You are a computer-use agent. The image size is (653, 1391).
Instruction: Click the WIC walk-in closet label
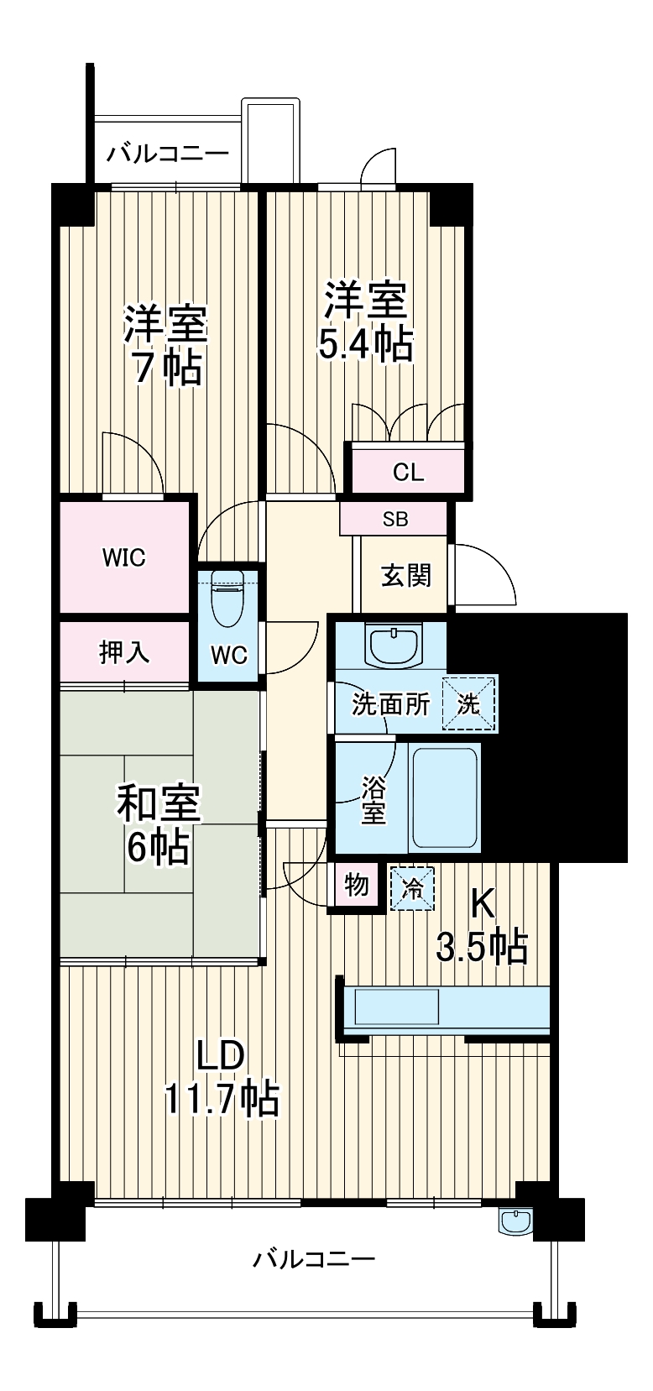[124, 557]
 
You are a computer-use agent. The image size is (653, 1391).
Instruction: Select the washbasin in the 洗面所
[392, 644]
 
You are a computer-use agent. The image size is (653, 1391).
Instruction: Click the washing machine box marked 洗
[468, 703]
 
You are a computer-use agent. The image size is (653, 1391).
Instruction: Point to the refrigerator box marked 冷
[412, 887]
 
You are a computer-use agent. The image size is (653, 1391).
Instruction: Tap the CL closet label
[408, 472]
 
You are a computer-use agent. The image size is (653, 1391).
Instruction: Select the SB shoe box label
[394, 519]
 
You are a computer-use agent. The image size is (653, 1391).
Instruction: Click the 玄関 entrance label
[406, 575]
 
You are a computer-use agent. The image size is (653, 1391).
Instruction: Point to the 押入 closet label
[124, 651]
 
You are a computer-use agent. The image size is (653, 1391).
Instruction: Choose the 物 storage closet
[357, 885]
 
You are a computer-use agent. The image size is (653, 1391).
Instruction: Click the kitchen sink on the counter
[397, 1007]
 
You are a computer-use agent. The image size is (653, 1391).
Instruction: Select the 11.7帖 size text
[222, 1098]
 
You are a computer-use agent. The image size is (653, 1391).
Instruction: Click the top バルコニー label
[168, 154]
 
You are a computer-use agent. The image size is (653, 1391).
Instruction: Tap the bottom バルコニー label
[314, 1259]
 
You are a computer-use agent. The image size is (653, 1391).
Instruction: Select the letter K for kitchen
[481, 904]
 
